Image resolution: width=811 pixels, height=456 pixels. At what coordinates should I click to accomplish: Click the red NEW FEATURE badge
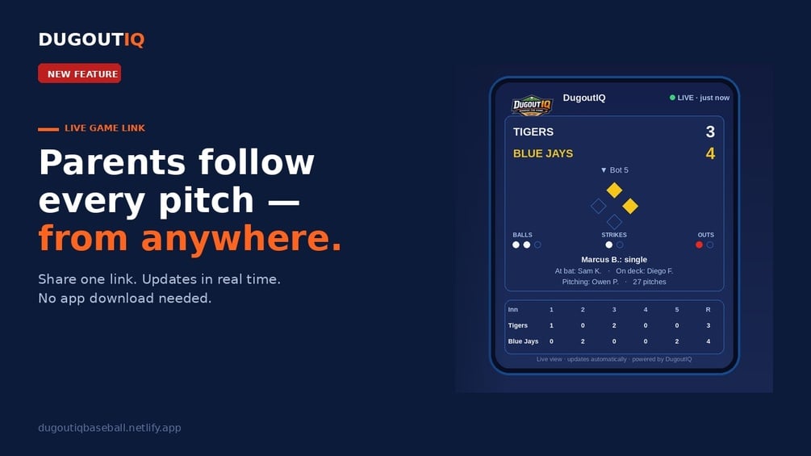tap(79, 73)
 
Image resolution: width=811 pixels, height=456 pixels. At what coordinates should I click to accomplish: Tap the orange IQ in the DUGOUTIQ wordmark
tap(134, 40)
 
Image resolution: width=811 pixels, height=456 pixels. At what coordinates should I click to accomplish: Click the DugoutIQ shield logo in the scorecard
tap(533, 105)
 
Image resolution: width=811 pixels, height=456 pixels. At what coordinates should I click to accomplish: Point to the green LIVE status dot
tap(672, 97)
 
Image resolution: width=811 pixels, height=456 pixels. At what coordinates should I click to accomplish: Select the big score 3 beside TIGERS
tap(710, 132)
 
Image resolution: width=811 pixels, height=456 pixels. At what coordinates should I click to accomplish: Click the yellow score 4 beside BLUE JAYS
tap(710, 153)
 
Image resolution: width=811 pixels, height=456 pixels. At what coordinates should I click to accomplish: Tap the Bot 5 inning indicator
tap(614, 170)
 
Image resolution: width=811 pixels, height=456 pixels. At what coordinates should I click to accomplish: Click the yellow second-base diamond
tap(614, 190)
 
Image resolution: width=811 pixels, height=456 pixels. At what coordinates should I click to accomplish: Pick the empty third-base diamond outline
tap(599, 207)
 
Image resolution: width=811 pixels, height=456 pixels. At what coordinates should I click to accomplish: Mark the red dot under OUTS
tap(700, 245)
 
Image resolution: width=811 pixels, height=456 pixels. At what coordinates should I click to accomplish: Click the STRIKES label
tap(614, 235)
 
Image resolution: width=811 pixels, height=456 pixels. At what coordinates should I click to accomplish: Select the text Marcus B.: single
tap(614, 260)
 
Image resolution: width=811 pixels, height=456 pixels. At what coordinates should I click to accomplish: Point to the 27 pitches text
tap(649, 282)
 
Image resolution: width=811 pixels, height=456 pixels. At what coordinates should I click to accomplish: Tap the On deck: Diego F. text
tap(645, 271)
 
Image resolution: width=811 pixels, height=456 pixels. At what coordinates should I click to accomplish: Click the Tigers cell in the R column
tap(708, 326)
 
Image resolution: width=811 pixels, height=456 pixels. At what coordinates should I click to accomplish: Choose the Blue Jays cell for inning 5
tap(676, 341)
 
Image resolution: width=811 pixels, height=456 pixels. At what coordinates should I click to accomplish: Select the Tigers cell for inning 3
tap(614, 326)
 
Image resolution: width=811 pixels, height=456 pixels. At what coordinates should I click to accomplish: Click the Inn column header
tap(512, 310)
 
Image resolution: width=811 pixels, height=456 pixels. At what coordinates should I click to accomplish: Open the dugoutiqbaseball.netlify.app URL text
tap(110, 428)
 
